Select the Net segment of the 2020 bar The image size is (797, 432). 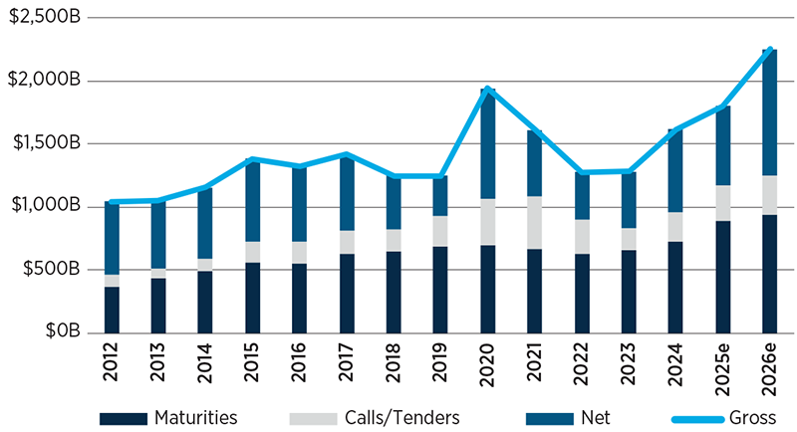(x=487, y=144)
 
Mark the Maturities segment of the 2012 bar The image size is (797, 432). (x=112, y=310)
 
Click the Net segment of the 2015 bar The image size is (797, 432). (x=253, y=200)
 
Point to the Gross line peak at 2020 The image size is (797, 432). (x=487, y=90)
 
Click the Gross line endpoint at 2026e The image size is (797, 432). (x=769, y=50)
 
